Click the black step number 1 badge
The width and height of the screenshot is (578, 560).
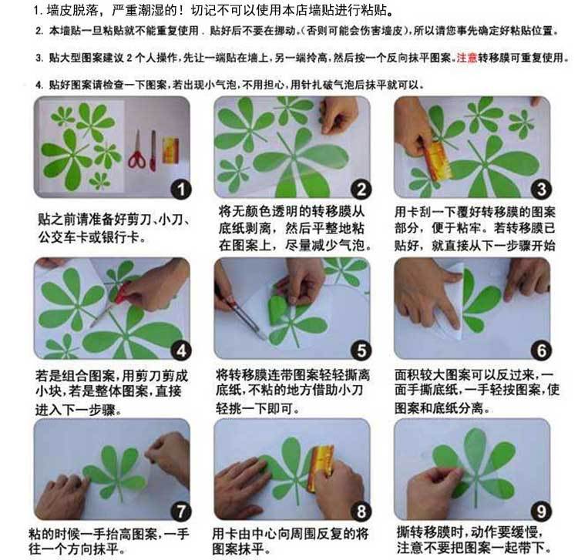pyautogui.click(x=181, y=189)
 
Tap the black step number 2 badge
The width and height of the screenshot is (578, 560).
pyautogui.click(x=361, y=189)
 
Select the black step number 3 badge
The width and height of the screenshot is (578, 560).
pyautogui.click(x=541, y=189)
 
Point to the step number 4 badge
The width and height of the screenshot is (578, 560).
pyautogui.click(x=181, y=350)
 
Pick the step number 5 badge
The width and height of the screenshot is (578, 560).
pyautogui.click(x=361, y=350)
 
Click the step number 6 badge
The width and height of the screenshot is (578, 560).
pyautogui.click(x=541, y=350)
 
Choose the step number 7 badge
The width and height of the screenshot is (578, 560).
pyautogui.click(x=181, y=511)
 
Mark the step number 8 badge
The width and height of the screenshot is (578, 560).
pyautogui.click(x=361, y=511)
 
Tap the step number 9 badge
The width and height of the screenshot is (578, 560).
pyautogui.click(x=541, y=511)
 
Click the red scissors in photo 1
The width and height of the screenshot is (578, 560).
pyautogui.click(x=136, y=151)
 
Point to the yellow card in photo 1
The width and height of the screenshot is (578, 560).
pyautogui.click(x=170, y=150)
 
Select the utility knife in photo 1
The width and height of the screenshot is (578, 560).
pyautogui.click(x=153, y=150)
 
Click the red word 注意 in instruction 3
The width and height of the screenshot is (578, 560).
pyautogui.click(x=467, y=58)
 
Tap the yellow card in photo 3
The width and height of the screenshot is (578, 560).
pyautogui.click(x=439, y=162)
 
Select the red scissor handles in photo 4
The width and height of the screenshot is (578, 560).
pyautogui.click(x=123, y=293)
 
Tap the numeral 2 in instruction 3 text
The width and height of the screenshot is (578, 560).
pyautogui.click(x=129, y=59)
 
